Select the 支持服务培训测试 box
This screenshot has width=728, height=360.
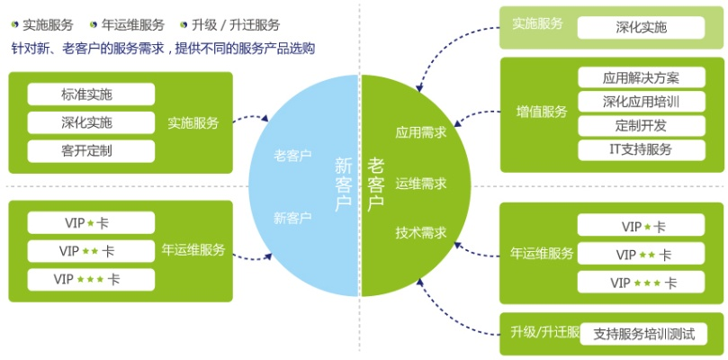pos(644,334)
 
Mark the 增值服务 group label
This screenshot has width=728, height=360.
pos(542,112)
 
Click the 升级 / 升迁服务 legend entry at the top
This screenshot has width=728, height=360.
pos(236,24)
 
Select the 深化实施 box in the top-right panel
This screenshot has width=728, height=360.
pos(642,27)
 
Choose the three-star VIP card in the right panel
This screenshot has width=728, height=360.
pos(642,283)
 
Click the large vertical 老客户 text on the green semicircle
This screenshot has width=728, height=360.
pos(376,184)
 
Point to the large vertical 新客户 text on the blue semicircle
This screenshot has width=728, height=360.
pos(343,184)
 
